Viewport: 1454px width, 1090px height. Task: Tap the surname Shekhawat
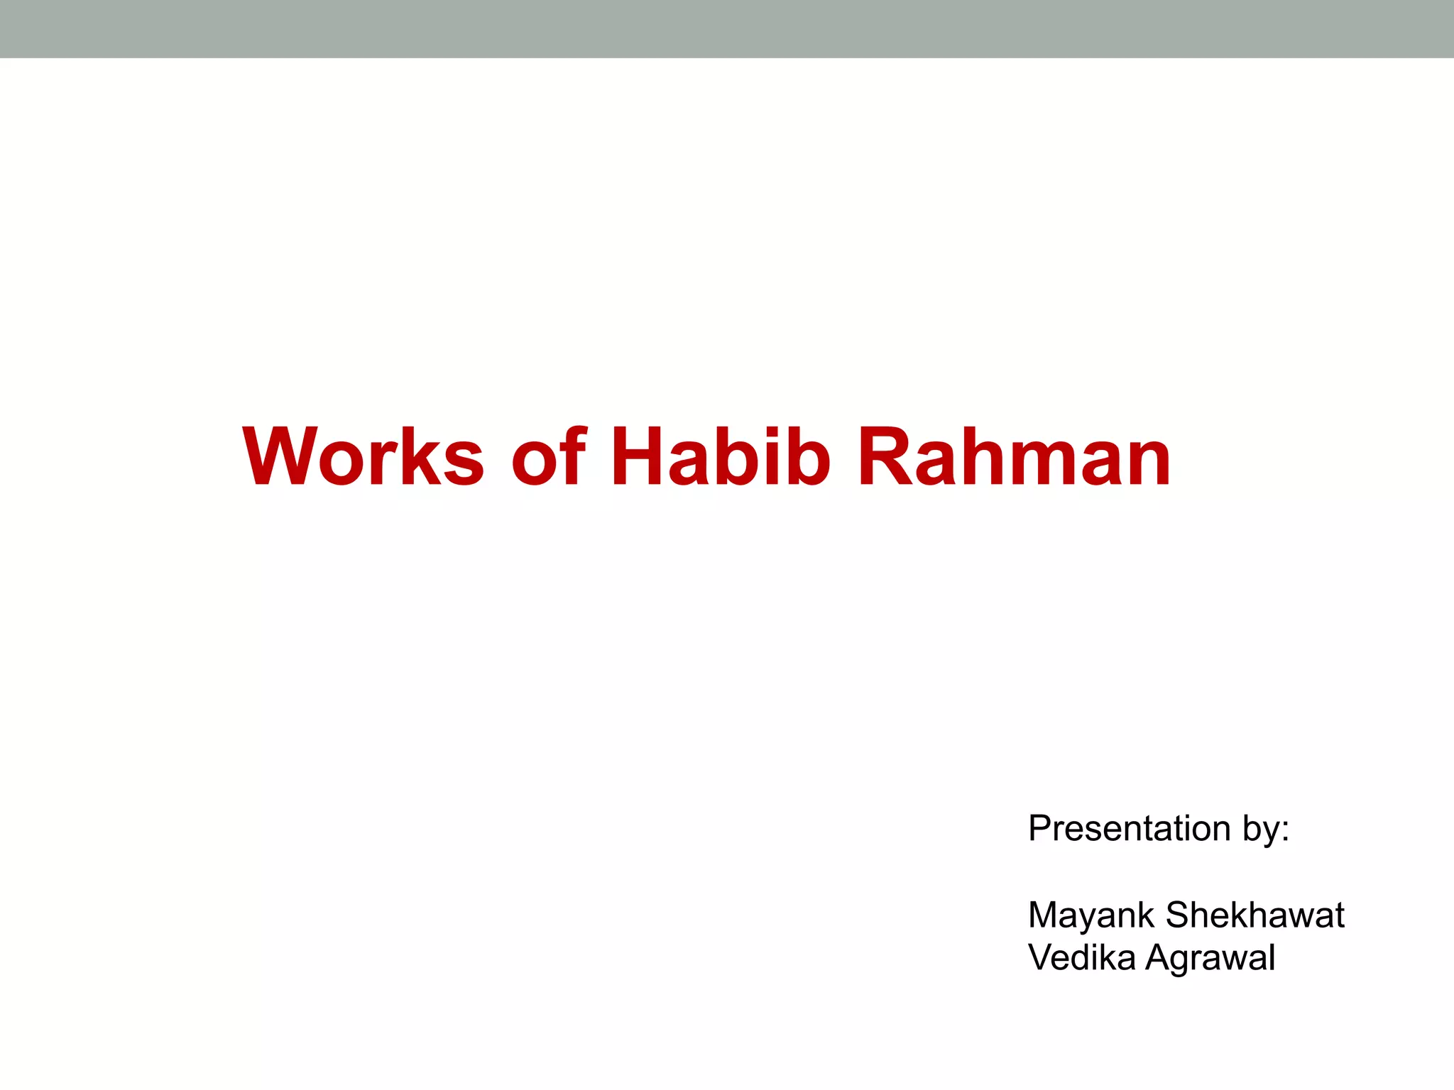pos(1255,915)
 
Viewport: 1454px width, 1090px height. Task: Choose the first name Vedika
pos(1082,957)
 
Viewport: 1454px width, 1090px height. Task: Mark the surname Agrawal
pos(1210,958)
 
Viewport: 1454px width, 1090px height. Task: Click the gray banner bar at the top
pos(727,28)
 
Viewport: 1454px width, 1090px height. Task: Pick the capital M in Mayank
pos(1044,915)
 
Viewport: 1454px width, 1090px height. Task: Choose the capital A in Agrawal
pos(1159,957)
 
